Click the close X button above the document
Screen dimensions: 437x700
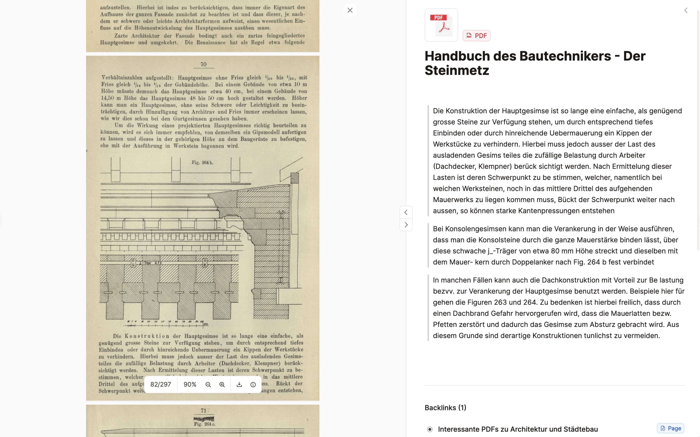(x=350, y=10)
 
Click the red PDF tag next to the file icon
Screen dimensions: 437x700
(x=476, y=35)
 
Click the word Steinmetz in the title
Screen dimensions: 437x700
(x=457, y=70)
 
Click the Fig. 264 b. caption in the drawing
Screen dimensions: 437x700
(x=202, y=162)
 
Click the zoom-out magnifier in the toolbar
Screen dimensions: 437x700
(x=208, y=384)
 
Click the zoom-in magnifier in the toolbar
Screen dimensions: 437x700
(x=222, y=384)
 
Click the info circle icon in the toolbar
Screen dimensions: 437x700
(x=253, y=384)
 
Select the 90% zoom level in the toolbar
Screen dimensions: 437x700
(x=190, y=384)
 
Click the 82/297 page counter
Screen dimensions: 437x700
(x=160, y=384)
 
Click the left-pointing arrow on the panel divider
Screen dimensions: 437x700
(x=406, y=212)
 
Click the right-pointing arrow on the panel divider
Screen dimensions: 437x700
(x=406, y=225)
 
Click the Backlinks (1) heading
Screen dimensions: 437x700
(x=445, y=407)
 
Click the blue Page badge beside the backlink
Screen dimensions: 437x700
(x=670, y=428)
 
